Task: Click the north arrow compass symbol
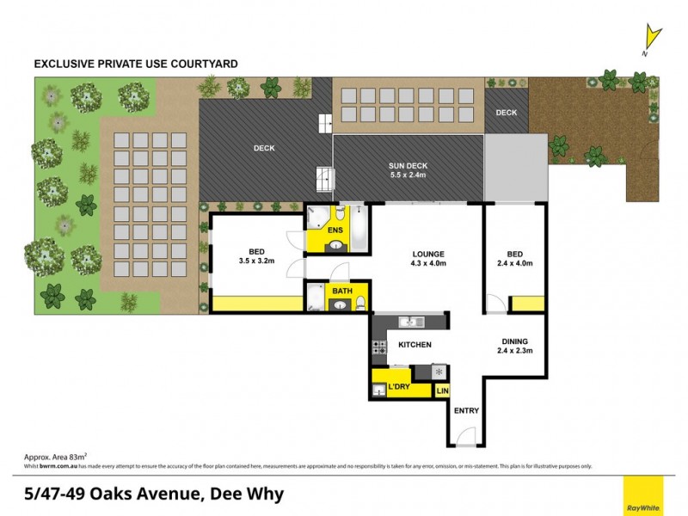pos(654,39)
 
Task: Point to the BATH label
pos(342,292)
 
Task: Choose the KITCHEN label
pos(414,345)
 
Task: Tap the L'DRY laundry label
pos(398,388)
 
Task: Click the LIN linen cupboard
pos(442,391)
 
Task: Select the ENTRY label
pos(466,410)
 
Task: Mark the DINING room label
pos(515,345)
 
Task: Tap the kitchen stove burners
pos(378,347)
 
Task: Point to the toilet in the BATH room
pos(360,302)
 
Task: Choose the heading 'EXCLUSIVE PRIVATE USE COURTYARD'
pos(135,64)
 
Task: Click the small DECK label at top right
pos(507,112)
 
